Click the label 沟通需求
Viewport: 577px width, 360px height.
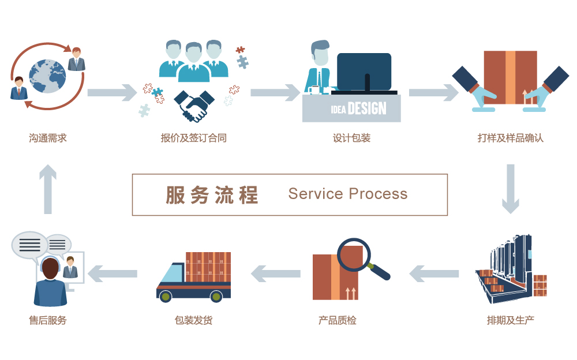[48, 138]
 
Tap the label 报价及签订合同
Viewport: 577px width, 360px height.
[194, 138]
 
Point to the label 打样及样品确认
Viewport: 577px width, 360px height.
[510, 138]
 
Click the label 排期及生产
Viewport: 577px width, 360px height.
[510, 320]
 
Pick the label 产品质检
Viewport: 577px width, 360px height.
[338, 320]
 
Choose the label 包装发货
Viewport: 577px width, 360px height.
[194, 320]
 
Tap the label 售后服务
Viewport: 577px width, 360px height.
[48, 320]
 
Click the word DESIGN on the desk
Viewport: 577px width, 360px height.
[367, 108]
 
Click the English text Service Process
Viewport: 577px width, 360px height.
[347, 194]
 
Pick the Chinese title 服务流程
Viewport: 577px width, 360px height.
[212, 195]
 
